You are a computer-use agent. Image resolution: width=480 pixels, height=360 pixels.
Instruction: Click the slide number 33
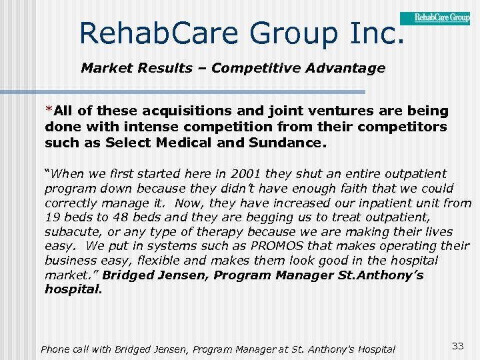(457, 345)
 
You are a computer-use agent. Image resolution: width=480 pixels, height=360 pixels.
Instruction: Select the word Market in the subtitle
(103, 68)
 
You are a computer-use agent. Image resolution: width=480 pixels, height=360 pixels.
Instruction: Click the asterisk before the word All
(48, 109)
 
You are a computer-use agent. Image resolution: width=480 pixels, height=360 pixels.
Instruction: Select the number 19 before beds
(52, 217)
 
